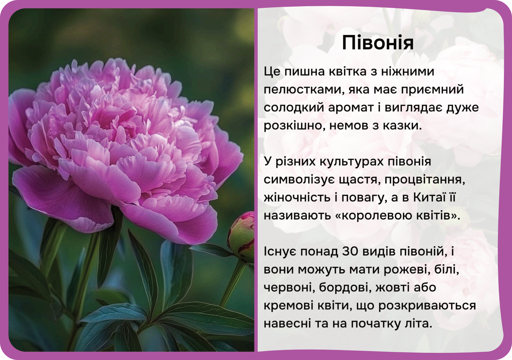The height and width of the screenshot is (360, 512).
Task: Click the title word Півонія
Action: tap(378, 43)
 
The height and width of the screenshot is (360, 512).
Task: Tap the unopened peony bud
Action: tap(242, 236)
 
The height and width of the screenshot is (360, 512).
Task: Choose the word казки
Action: tap(402, 126)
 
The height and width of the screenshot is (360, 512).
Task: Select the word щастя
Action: tap(360, 180)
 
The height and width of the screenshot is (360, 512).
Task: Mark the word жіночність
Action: tap(297, 197)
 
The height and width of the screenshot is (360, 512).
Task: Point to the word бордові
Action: tap(346, 287)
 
